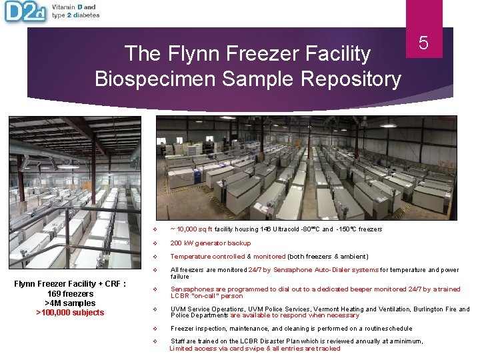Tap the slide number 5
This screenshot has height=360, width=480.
423,43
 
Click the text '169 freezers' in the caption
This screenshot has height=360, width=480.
70,293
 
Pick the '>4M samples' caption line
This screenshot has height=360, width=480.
70,303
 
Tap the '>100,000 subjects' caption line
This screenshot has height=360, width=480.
70,313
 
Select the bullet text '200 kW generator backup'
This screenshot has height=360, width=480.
211,243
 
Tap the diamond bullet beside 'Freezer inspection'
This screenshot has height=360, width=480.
154,329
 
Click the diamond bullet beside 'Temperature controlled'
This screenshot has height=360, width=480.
154,257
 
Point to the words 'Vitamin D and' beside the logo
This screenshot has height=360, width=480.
73,7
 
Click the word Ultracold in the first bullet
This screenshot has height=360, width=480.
285,229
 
